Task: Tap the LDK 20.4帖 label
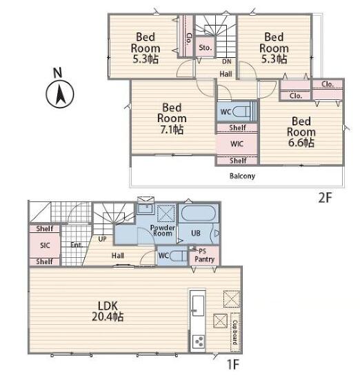pos(108,312)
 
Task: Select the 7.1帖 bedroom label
pos(172,119)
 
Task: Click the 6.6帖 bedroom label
pos(301,132)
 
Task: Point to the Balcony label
pos(242,176)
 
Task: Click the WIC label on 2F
pos(237,143)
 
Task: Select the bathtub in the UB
pos(199,213)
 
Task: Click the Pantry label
pos(205,259)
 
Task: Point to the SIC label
pos(45,245)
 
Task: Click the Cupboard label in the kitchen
pos(235,332)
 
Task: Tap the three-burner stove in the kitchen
pos(198,341)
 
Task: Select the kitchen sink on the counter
pos(198,305)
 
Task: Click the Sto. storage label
pos(206,48)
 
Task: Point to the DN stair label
pos(227,61)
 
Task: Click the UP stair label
pos(102,239)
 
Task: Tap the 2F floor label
pos(325,198)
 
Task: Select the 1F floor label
pos(233,365)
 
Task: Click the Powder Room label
pos(162,230)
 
